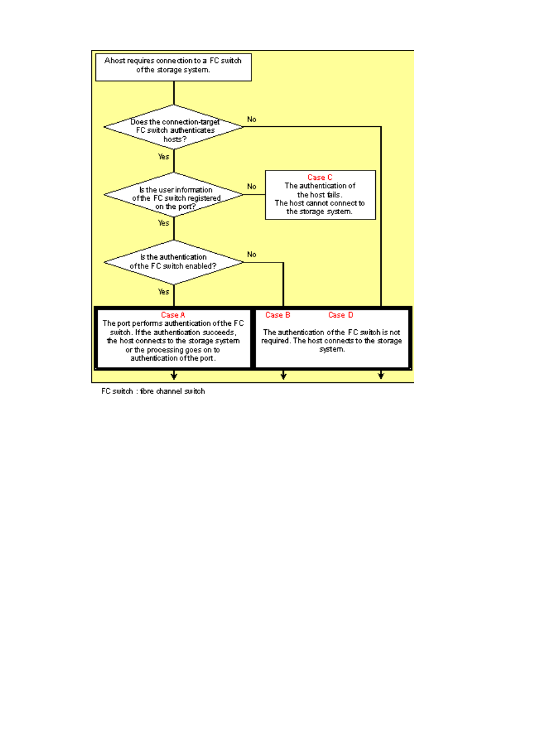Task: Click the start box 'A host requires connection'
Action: click(x=173, y=67)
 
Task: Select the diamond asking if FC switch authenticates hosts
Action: click(x=174, y=127)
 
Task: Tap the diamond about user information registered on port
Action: click(x=174, y=194)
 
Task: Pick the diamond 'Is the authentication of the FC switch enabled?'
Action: click(x=174, y=262)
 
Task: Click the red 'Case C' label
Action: click(x=320, y=177)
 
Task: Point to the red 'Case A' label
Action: click(x=173, y=315)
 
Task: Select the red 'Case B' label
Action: click(x=277, y=315)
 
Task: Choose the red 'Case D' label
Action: click(x=340, y=315)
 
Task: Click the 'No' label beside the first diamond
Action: click(x=252, y=119)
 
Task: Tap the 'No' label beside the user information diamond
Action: click(x=252, y=187)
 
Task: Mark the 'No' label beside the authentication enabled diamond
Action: click(x=252, y=254)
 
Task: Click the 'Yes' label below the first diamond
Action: click(x=163, y=157)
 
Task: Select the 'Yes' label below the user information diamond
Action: click(x=163, y=223)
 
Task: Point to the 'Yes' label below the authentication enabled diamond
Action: click(x=163, y=292)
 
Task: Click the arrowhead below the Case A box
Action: click(x=174, y=376)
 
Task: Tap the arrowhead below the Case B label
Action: click(x=283, y=376)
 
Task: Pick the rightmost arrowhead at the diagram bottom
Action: click(x=381, y=376)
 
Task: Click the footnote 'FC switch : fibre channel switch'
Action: click(x=153, y=391)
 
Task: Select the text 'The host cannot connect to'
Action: click(x=320, y=203)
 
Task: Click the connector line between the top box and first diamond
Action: click(x=174, y=93)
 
